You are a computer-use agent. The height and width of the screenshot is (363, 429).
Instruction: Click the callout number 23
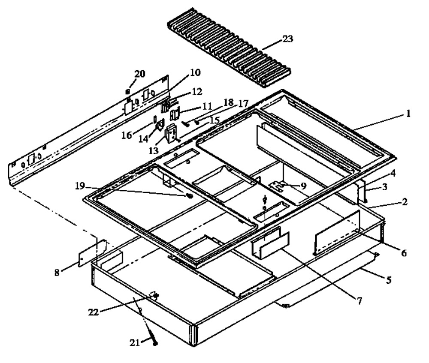(x=287, y=39)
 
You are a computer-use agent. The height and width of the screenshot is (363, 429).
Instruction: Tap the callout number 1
(x=408, y=113)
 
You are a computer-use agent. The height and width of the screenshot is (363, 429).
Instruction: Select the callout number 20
(x=139, y=74)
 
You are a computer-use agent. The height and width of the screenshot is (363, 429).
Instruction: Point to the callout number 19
(x=80, y=186)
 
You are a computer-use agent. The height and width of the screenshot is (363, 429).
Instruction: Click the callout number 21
(x=135, y=342)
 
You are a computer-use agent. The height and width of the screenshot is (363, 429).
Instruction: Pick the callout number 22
(x=93, y=312)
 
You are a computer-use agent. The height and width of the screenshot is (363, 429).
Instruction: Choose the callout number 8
(x=57, y=273)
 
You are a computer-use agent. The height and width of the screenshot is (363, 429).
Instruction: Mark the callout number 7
(x=359, y=301)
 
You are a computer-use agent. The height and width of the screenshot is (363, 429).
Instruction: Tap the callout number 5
(x=389, y=279)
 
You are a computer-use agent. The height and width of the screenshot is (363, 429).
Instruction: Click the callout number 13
(x=154, y=150)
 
